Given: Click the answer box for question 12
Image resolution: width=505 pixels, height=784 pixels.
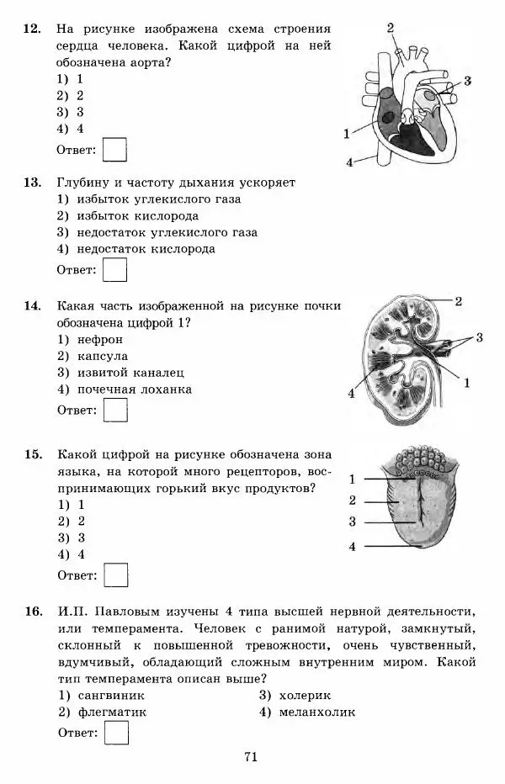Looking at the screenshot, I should pyautogui.click(x=114, y=150).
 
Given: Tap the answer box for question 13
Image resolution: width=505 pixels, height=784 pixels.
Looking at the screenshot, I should pyautogui.click(x=114, y=269).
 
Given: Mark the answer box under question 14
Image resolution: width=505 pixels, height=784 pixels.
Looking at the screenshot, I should pyautogui.click(x=114, y=410).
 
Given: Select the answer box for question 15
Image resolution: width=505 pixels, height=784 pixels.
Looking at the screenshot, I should pyautogui.click(x=114, y=575).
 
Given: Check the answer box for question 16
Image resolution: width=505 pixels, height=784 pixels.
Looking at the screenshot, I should pyautogui.click(x=114, y=733).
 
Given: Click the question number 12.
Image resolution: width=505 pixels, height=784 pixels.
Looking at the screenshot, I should pyautogui.click(x=32, y=29).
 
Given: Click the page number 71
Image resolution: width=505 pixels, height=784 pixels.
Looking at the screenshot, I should pyautogui.click(x=250, y=757).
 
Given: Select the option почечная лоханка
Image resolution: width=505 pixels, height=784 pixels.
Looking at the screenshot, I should pyautogui.click(x=134, y=389).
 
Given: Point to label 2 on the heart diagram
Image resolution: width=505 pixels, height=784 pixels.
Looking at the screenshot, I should pyautogui.click(x=391, y=28).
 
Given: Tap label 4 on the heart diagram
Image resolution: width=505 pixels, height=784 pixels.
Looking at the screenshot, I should pyautogui.click(x=348, y=162).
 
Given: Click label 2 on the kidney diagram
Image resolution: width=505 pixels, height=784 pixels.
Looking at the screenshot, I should pyautogui.click(x=459, y=300).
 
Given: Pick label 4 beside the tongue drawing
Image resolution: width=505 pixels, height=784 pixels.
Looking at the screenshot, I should pyautogui.click(x=353, y=547).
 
